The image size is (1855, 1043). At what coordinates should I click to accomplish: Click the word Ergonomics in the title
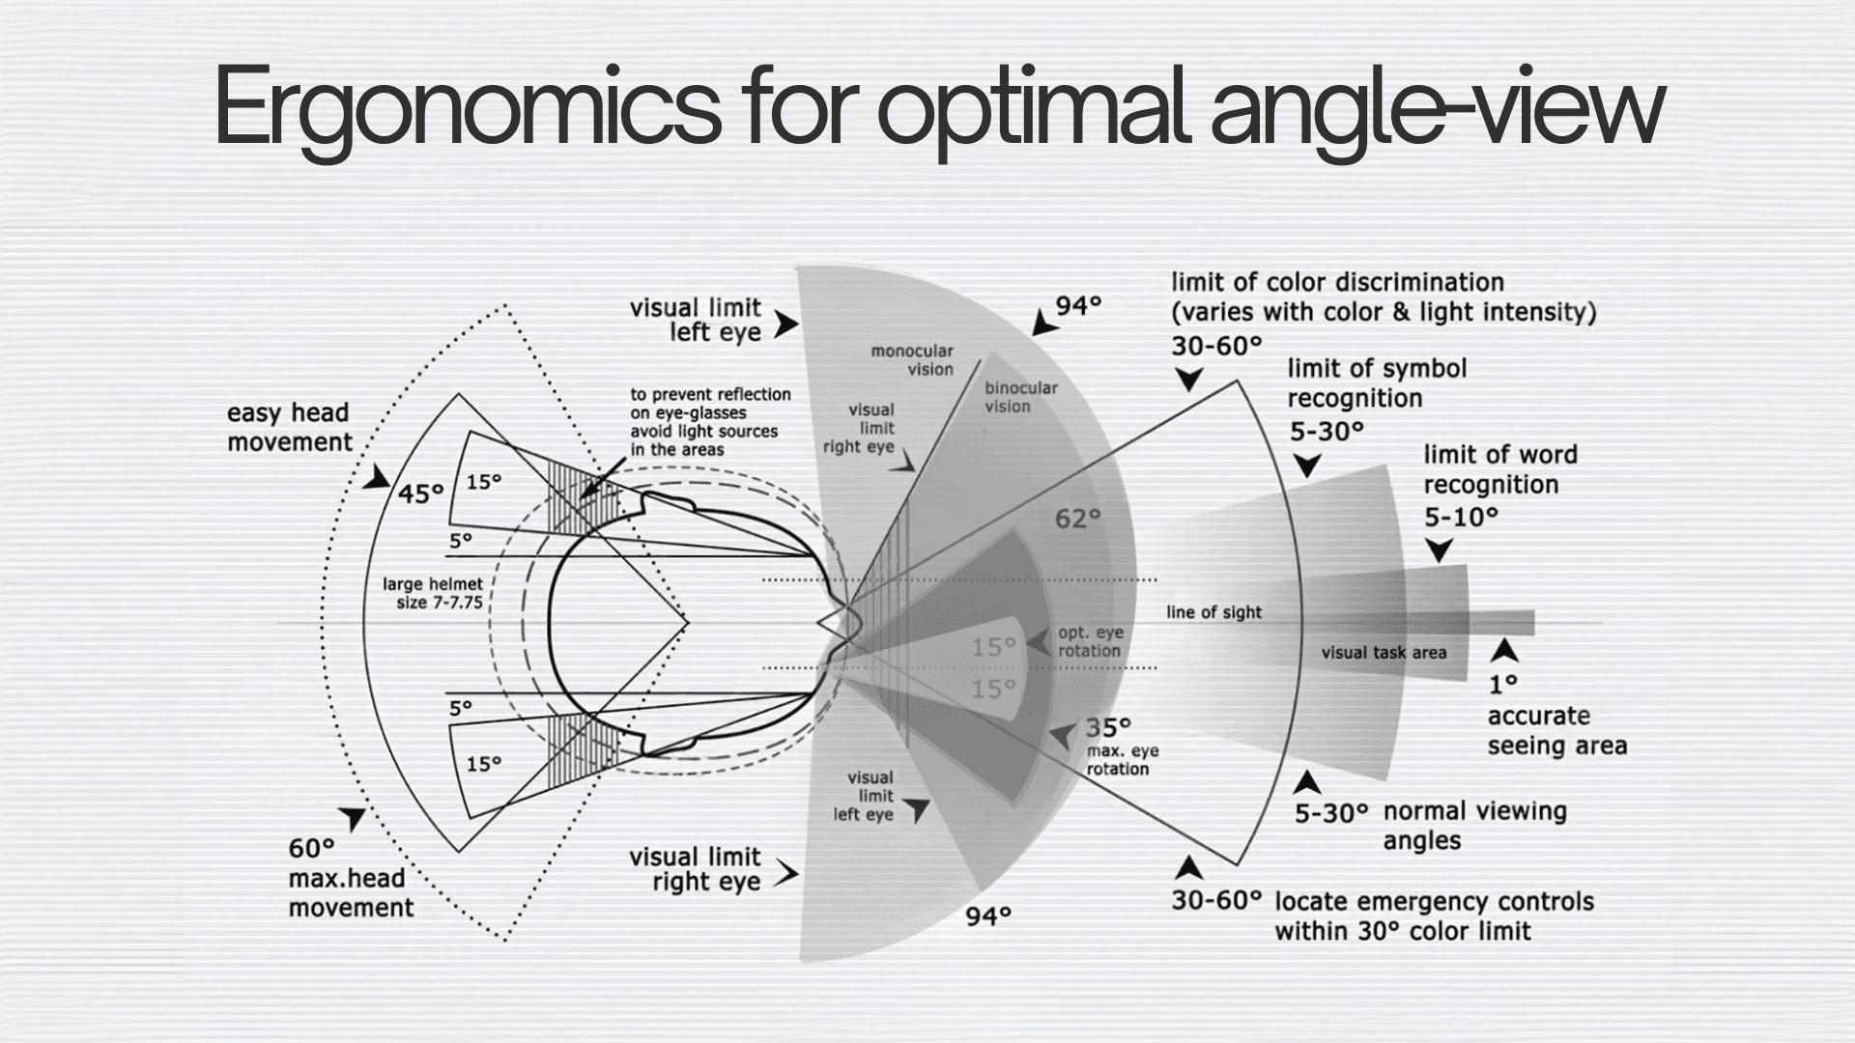click(x=468, y=108)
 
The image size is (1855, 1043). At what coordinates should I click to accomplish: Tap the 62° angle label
click(x=1077, y=520)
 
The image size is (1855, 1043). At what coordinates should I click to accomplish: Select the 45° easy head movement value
click(x=420, y=493)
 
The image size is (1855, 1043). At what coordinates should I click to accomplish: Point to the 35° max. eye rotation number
click(x=1107, y=727)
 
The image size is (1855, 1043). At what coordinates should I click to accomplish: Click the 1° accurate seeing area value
click(x=1502, y=685)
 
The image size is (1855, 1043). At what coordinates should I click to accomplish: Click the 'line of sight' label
click(x=1213, y=612)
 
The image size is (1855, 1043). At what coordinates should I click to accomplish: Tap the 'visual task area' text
click(x=1384, y=653)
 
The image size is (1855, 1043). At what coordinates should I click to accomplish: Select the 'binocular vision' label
click(x=1020, y=397)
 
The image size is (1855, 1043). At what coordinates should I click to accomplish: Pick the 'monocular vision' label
click(x=912, y=360)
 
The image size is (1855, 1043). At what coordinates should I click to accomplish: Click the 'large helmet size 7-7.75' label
click(x=433, y=593)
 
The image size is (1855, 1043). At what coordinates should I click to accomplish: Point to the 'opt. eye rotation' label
click(x=1090, y=641)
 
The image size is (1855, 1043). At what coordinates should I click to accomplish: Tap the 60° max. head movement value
click(x=311, y=849)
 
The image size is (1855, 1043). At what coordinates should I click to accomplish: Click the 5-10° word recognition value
click(x=1461, y=518)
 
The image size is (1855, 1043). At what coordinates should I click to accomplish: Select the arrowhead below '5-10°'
click(x=1440, y=550)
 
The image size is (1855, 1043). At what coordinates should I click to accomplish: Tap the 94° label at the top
click(x=1078, y=306)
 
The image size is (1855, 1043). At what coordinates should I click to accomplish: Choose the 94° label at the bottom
click(x=988, y=916)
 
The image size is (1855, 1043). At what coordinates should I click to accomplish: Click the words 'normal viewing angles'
click(x=1474, y=826)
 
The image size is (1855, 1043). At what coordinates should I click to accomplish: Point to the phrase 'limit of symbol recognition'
click(x=1377, y=383)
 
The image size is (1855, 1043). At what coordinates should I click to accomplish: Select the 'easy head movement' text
click(x=289, y=428)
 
